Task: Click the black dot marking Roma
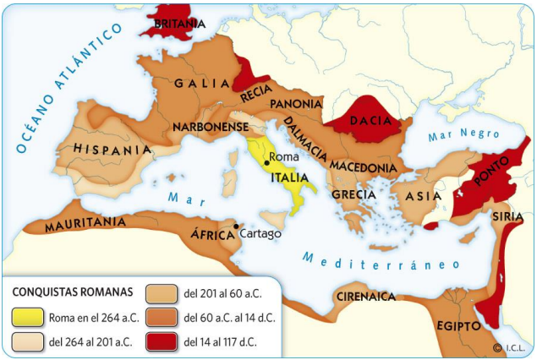[x=266, y=161]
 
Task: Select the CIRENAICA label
[x=366, y=297]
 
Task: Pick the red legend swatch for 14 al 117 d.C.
[x=162, y=342]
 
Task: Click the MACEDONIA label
[x=363, y=167]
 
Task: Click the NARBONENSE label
[x=209, y=127]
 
